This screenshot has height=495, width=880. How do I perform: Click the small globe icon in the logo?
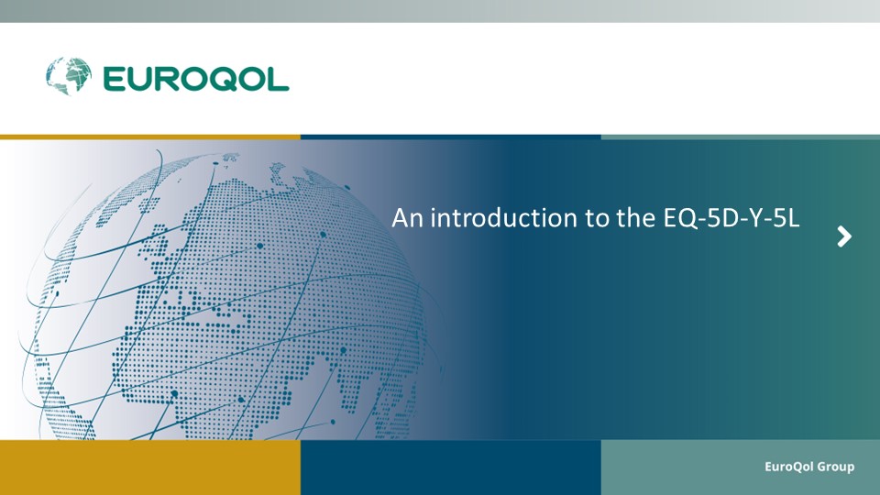tap(69, 76)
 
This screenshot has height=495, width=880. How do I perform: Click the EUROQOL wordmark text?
tap(196, 79)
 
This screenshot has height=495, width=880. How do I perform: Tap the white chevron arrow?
tap(844, 236)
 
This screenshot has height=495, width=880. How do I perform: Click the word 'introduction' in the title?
tap(504, 218)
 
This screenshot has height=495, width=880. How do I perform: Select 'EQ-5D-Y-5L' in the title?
tap(731, 218)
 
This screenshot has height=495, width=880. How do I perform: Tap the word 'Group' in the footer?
tap(836, 467)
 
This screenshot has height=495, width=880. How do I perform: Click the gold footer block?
tap(150, 467)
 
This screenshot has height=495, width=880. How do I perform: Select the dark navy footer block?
tap(451, 467)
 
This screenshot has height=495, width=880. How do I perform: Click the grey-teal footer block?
tap(741, 467)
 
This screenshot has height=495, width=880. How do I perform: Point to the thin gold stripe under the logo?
tap(150, 137)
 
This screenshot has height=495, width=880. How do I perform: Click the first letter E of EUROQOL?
tap(113, 79)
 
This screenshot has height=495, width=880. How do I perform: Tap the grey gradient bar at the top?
tap(440, 11)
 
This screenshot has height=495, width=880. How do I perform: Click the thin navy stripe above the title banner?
tap(451, 137)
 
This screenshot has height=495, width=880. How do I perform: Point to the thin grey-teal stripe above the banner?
tap(741, 137)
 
